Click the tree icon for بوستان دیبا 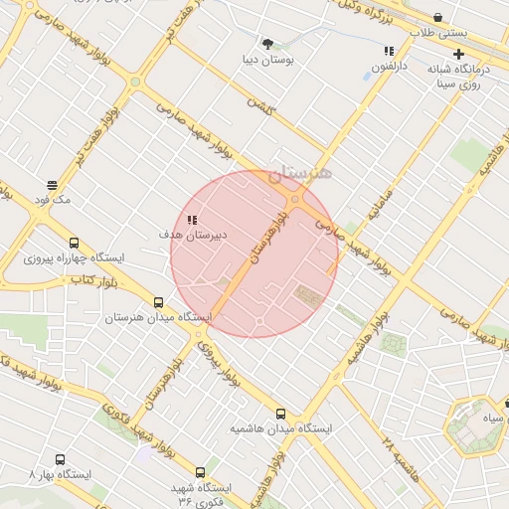tap(267, 43)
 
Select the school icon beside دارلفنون tap(389, 51)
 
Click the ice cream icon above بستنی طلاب tap(438, 16)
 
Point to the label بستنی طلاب tap(441, 32)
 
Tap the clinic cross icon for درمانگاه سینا tap(458, 53)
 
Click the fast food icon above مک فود tap(52, 185)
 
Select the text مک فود tap(53, 201)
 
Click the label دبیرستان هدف tap(194, 235)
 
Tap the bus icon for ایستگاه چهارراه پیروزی tap(74, 243)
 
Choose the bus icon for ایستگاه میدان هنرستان tap(159, 302)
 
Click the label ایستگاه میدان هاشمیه tap(281, 429)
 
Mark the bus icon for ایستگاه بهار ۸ tap(60, 460)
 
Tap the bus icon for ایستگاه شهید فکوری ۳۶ tap(200, 472)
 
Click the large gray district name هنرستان tap(299, 173)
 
